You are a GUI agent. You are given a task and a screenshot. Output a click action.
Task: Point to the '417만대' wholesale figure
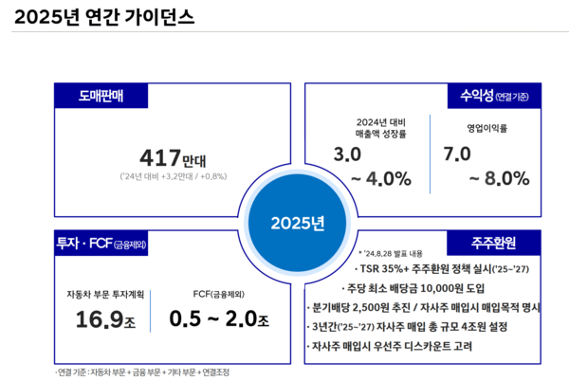tap(174, 157)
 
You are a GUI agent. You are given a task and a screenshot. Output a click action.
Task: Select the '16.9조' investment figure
tap(105, 319)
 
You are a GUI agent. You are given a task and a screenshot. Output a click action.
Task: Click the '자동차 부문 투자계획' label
tap(105, 293)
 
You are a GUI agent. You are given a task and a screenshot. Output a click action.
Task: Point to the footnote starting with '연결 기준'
tap(141, 372)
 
